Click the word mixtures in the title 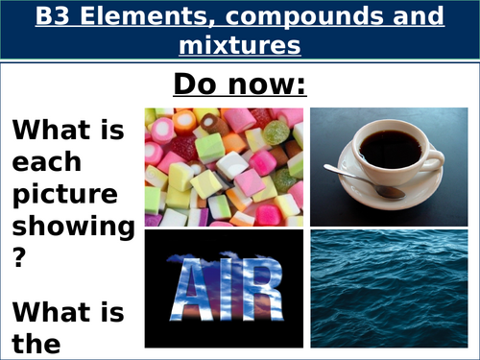point(240,44)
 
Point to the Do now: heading point(239,84)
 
